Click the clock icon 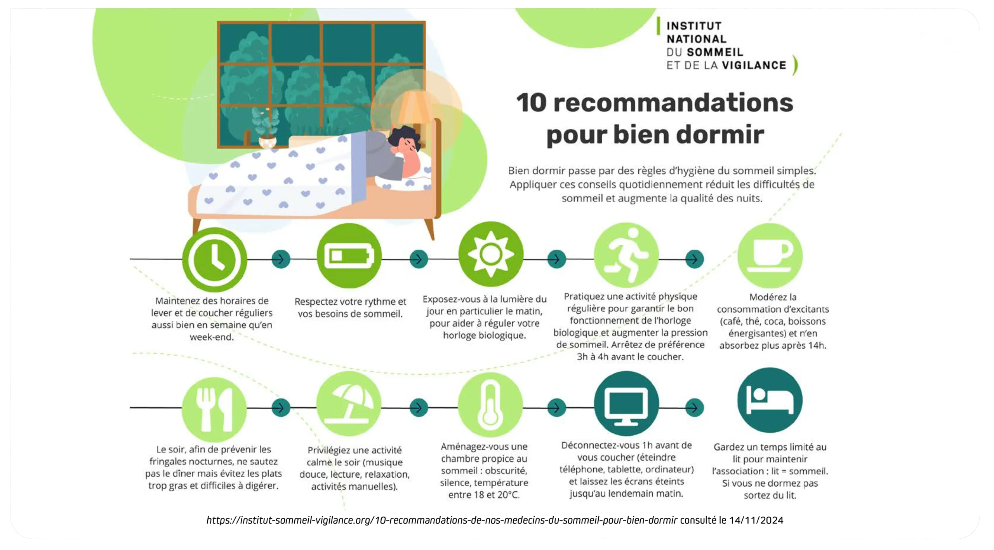(214, 259)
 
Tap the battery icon (349, 256)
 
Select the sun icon (491, 254)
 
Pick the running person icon (626, 255)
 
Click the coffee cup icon (770, 255)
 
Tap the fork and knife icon (214, 409)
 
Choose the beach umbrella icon (349, 403)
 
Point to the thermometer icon (490, 404)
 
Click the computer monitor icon (626, 403)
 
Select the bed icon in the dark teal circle (770, 400)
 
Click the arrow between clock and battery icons (281, 259)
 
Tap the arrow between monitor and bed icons (695, 408)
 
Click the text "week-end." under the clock (212, 337)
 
